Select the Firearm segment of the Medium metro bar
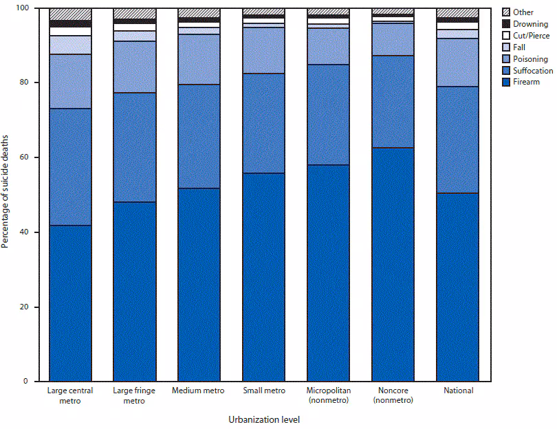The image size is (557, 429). (x=199, y=285)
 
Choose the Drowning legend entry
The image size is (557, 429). (x=530, y=24)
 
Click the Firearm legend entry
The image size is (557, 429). (x=527, y=82)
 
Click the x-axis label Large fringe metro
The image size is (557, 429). (x=135, y=395)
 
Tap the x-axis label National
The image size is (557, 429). (x=458, y=391)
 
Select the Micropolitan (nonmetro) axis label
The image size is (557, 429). (x=328, y=395)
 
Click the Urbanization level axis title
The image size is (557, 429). (x=264, y=419)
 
